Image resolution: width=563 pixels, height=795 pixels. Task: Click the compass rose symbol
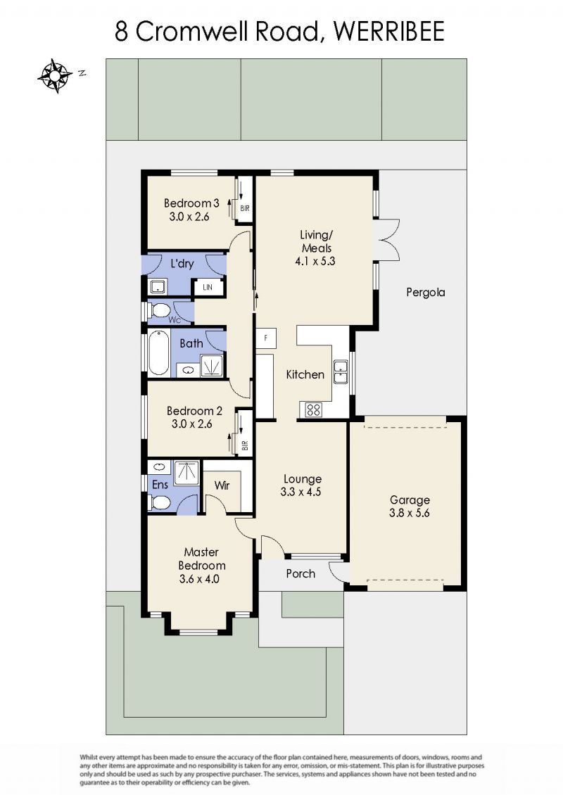click(x=55, y=76)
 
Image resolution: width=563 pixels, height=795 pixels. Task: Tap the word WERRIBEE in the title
click(x=389, y=32)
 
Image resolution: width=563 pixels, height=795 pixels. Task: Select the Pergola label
click(x=426, y=293)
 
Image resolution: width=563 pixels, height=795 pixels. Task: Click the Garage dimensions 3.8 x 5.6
click(x=410, y=513)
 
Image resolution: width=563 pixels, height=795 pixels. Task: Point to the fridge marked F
click(x=266, y=338)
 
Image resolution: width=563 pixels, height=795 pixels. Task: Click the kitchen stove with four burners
click(x=313, y=409)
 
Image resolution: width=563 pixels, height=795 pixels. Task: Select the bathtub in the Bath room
click(x=158, y=353)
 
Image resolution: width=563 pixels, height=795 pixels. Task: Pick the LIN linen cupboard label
click(x=208, y=288)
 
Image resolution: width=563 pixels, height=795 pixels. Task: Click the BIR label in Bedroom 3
click(x=245, y=208)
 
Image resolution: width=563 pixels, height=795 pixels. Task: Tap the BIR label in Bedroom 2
click(x=246, y=445)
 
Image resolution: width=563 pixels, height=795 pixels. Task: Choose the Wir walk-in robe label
click(x=222, y=485)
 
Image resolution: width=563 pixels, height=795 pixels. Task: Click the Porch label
click(x=301, y=574)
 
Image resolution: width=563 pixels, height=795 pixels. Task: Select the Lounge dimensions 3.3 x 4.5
click(x=301, y=492)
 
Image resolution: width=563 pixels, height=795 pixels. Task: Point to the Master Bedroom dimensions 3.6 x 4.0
click(x=199, y=579)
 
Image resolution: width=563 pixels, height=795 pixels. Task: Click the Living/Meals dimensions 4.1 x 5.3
click(x=315, y=262)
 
